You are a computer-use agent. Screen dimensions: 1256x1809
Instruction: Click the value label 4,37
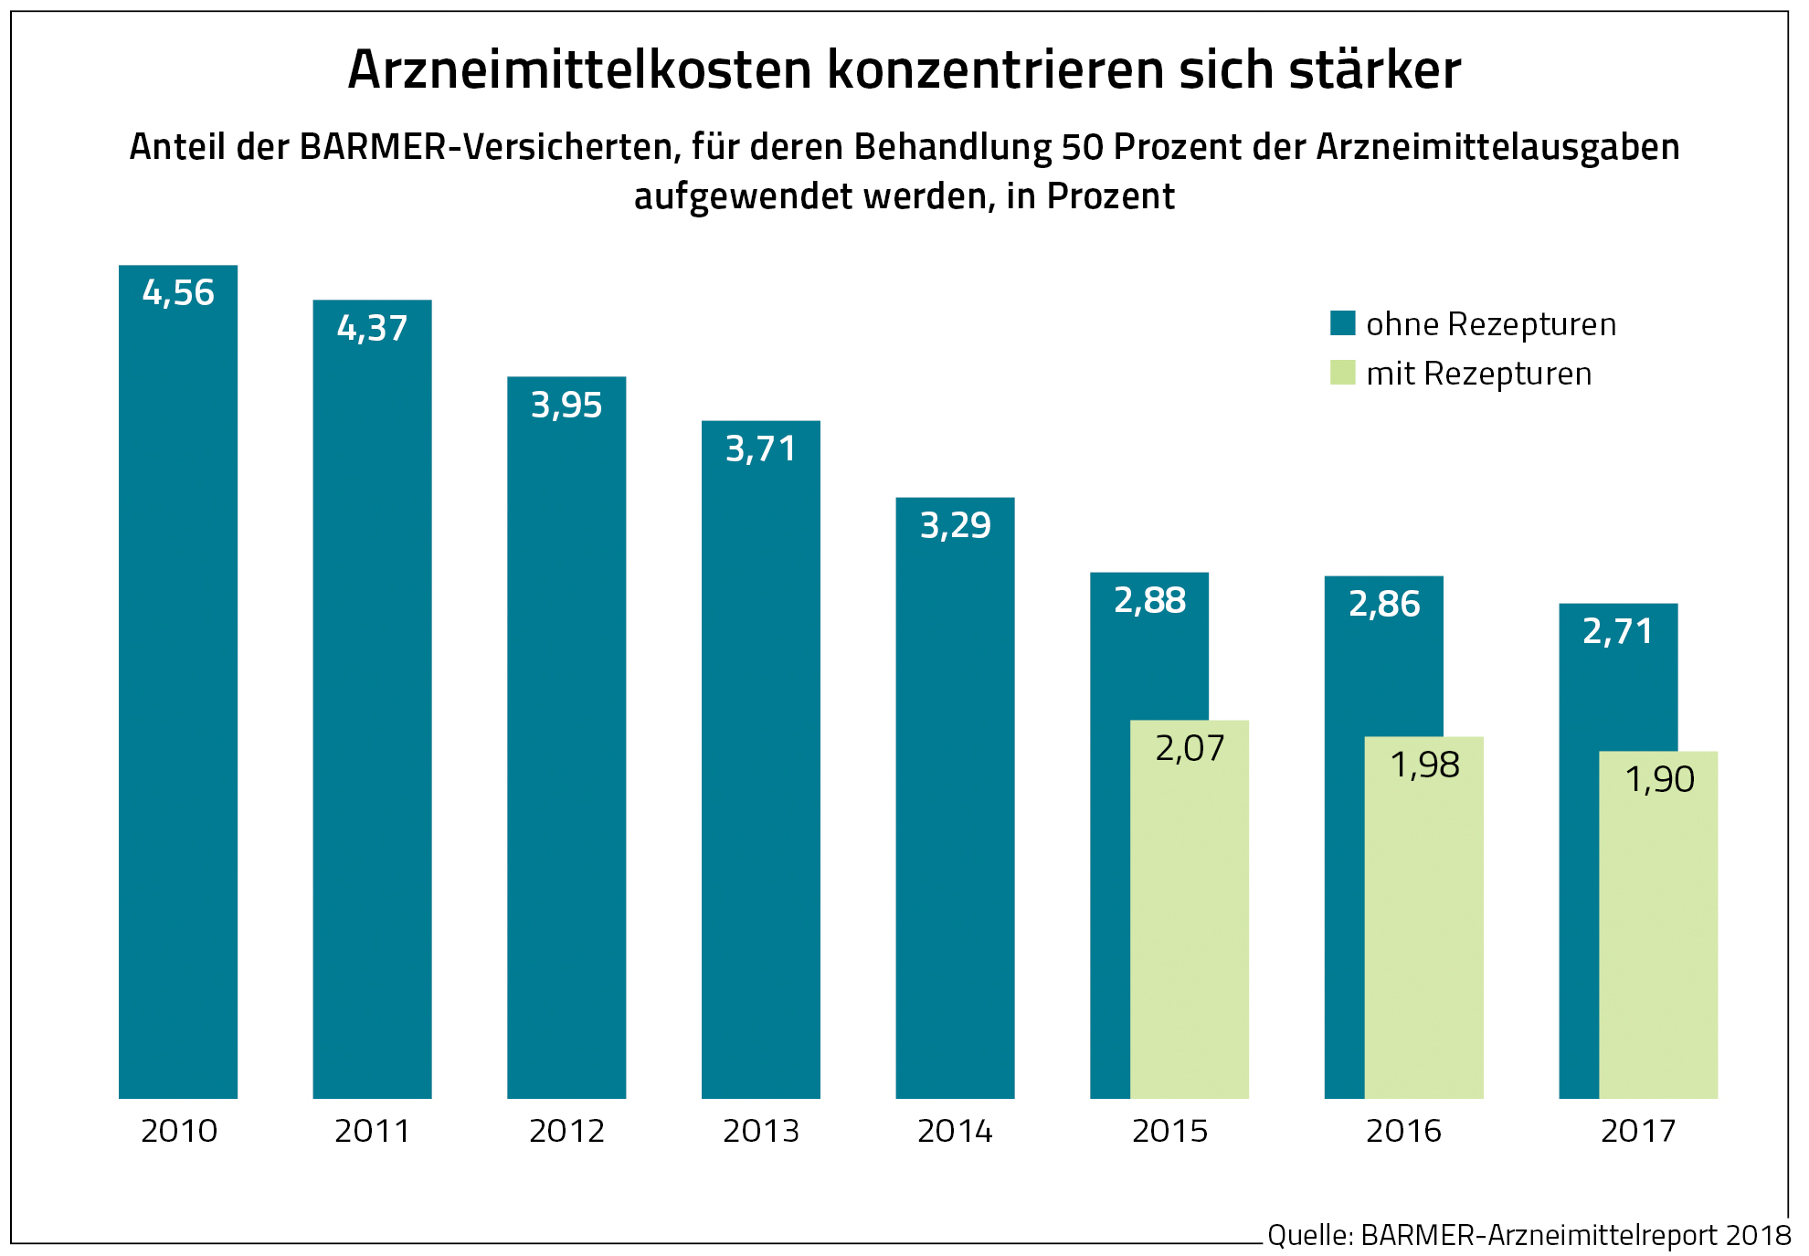[x=372, y=328]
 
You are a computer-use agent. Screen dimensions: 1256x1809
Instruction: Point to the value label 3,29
[x=955, y=525]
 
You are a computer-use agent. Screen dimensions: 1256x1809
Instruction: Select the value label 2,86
[x=1384, y=604]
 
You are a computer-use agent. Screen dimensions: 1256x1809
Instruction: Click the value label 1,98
[x=1424, y=765]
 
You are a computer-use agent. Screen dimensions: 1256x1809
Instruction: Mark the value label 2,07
[x=1190, y=748]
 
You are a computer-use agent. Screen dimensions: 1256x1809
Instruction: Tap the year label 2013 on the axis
[x=761, y=1131]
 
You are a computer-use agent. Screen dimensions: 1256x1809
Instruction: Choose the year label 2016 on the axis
[x=1403, y=1131]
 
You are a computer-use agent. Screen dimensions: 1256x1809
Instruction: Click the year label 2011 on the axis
[x=372, y=1131]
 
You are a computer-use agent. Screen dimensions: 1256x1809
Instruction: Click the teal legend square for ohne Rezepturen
[x=1342, y=323]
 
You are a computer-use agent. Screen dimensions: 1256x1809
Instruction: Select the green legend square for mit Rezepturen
[x=1342, y=373]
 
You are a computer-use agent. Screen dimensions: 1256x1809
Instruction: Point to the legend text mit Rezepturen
[x=1478, y=374]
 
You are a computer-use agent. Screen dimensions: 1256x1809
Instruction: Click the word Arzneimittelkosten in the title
[x=580, y=69]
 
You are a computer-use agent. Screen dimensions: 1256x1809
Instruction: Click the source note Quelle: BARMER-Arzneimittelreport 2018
[x=1529, y=1235]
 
